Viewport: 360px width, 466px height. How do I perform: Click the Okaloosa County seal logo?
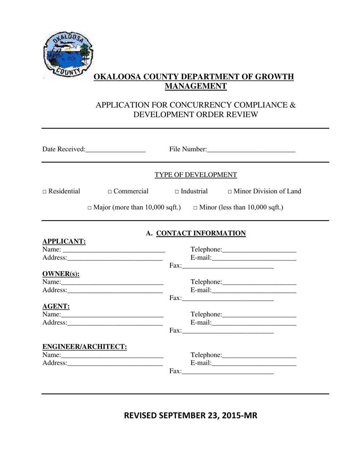(x=67, y=54)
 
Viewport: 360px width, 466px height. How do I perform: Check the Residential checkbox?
(x=44, y=192)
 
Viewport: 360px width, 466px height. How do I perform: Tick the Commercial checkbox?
(x=110, y=192)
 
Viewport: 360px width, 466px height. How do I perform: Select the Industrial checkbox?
(x=177, y=192)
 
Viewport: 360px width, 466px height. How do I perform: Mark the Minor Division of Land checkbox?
(x=230, y=192)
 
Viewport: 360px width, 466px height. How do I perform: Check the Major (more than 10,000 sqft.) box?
(x=89, y=208)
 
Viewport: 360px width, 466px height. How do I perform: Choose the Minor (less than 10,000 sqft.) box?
(x=196, y=208)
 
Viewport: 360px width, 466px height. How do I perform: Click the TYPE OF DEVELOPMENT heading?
(x=196, y=175)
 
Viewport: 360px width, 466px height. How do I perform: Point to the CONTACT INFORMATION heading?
(x=201, y=233)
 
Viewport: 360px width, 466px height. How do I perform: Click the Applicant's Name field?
(x=114, y=250)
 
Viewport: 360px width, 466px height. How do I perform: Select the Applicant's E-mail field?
(x=254, y=258)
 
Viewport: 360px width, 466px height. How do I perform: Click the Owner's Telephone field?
(x=259, y=282)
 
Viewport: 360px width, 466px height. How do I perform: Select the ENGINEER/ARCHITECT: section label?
(x=85, y=347)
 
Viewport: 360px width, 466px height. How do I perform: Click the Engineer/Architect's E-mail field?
(x=254, y=364)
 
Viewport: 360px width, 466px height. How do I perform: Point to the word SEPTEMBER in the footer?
(x=181, y=416)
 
